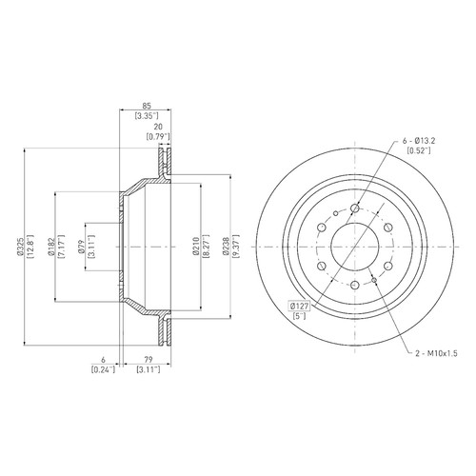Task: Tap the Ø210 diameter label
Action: point(196,247)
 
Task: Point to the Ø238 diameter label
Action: point(226,247)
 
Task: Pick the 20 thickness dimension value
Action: point(158,127)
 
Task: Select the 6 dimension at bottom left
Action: point(103,360)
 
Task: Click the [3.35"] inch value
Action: point(147,116)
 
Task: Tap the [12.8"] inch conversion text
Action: point(30,247)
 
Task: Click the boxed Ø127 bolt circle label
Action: point(300,307)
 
